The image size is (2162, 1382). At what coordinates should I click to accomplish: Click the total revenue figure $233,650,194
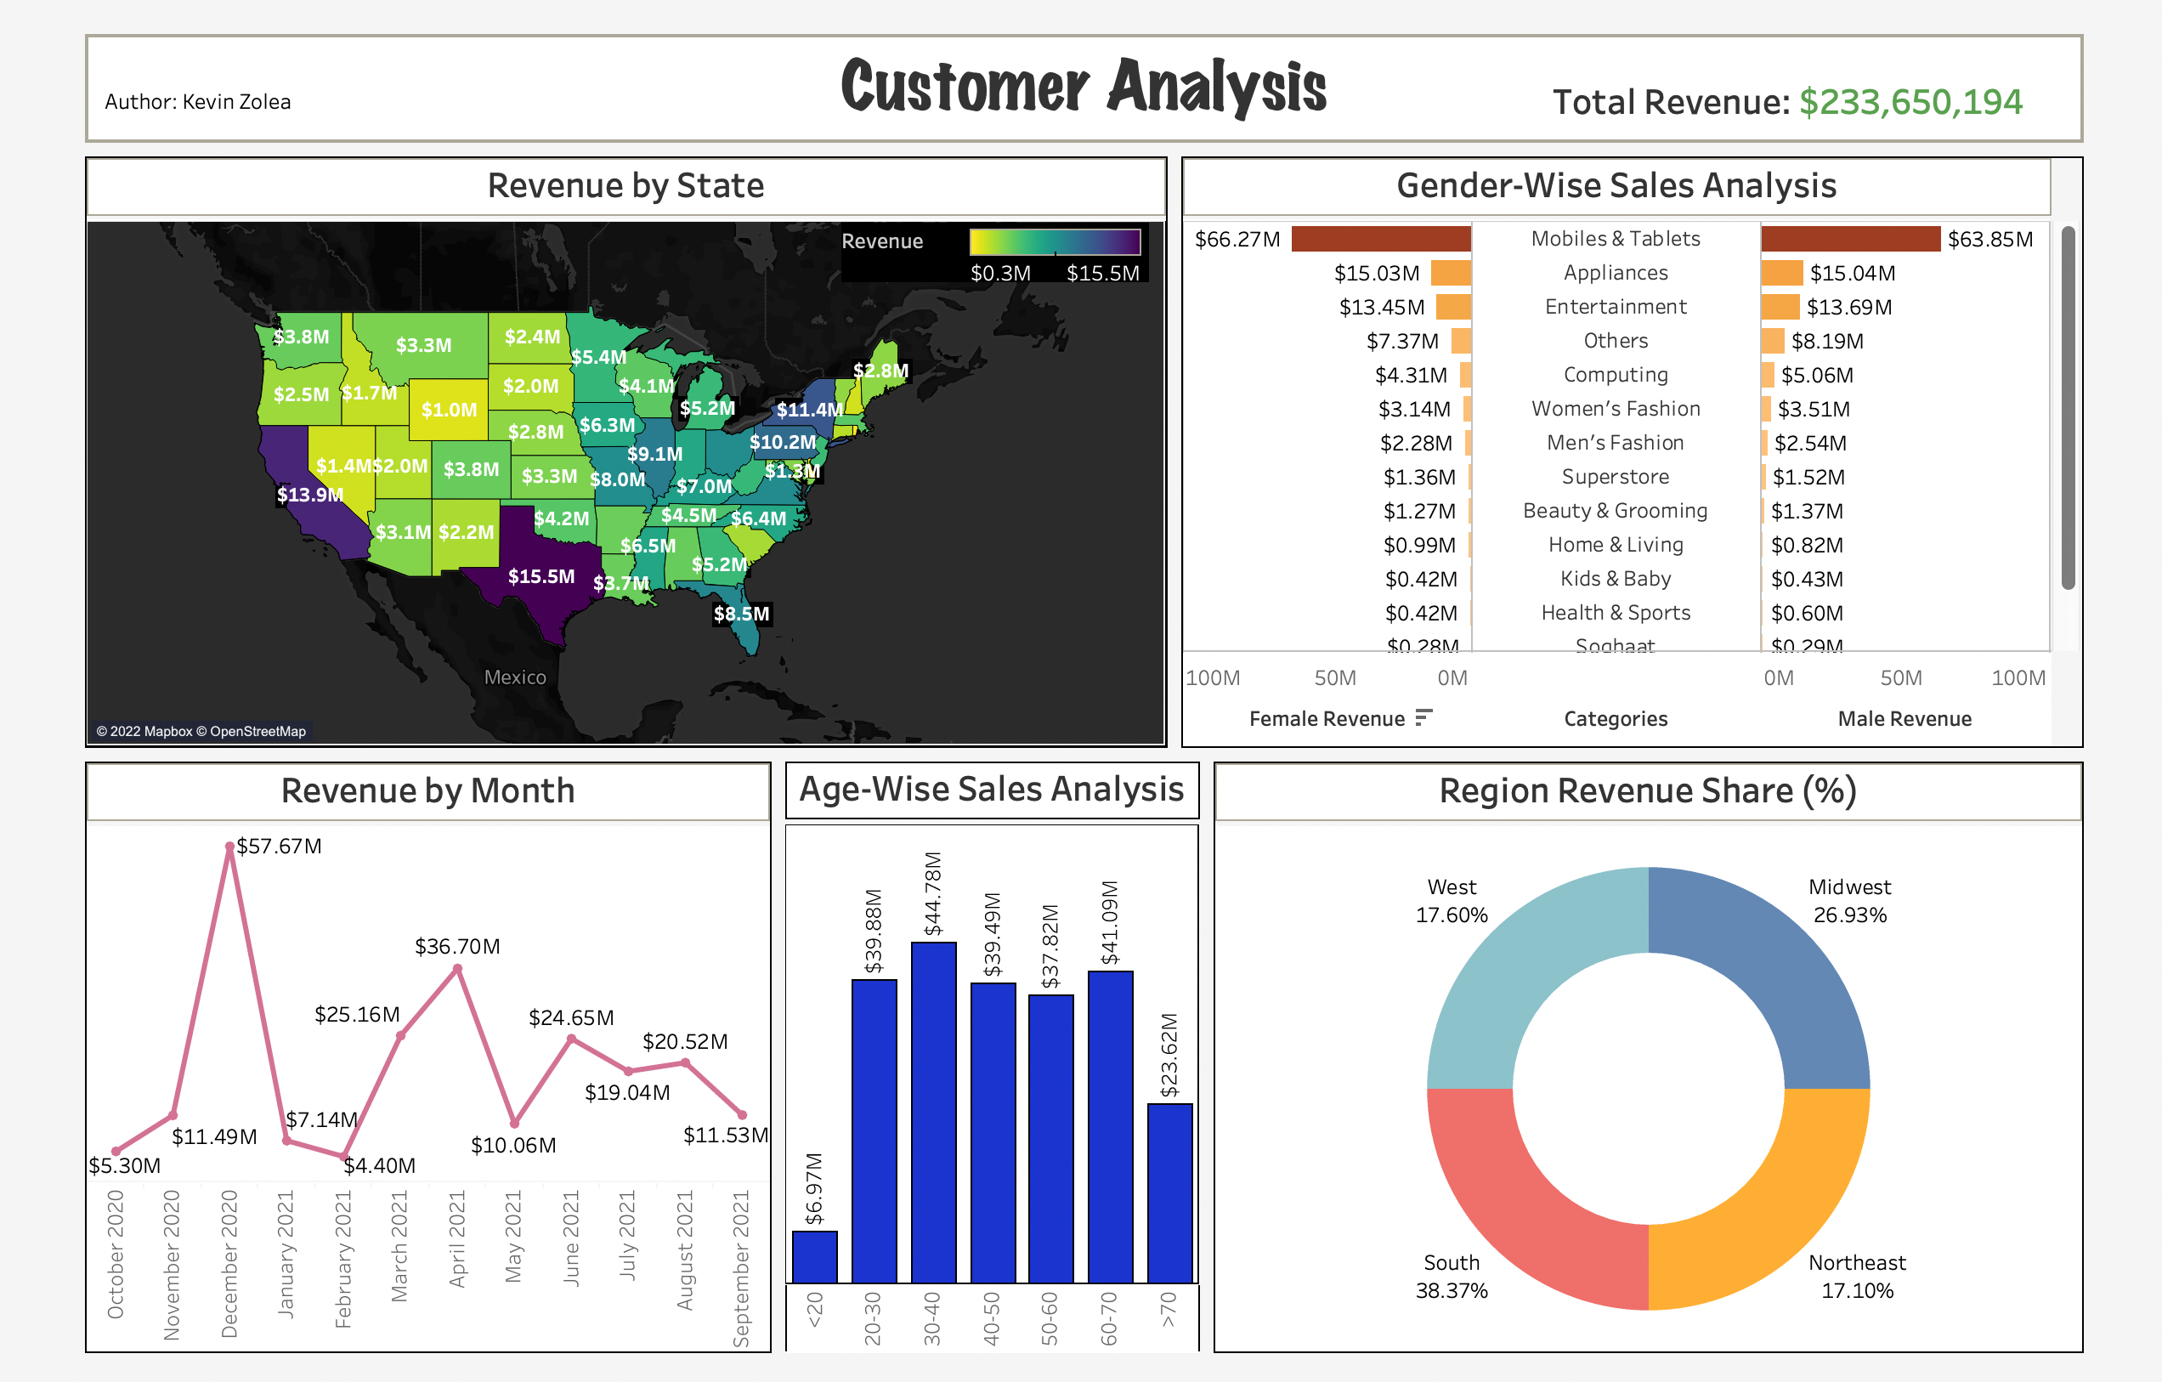click(x=1910, y=102)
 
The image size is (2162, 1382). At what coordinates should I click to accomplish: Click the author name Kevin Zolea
click(x=236, y=102)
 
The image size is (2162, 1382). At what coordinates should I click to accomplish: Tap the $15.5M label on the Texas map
click(x=540, y=576)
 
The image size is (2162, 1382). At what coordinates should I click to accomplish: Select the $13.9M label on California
click(x=308, y=495)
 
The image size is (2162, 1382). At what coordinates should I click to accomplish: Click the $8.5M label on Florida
click(x=741, y=615)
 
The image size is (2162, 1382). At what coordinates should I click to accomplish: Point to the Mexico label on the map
click(x=514, y=678)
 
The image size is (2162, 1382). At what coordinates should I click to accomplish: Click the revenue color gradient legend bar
click(x=1054, y=241)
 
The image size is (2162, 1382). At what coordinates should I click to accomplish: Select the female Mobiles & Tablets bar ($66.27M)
click(x=1380, y=239)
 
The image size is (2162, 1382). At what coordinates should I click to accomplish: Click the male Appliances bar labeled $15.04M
click(x=1781, y=273)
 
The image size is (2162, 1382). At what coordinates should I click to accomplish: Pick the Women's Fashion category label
click(x=1616, y=410)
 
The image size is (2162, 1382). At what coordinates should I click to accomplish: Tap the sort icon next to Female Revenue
click(x=1423, y=717)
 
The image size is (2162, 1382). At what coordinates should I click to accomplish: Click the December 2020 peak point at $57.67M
click(x=229, y=847)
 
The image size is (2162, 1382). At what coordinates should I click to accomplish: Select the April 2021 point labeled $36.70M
click(x=458, y=969)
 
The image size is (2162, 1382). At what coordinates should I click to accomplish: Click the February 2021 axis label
click(x=343, y=1258)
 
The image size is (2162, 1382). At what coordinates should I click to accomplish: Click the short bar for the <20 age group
click(x=814, y=1256)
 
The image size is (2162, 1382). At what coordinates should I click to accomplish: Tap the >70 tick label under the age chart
click(x=1168, y=1308)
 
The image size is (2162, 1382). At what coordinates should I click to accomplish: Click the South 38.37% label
click(x=1451, y=1276)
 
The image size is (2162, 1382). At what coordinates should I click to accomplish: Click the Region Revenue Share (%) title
click(x=1648, y=791)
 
